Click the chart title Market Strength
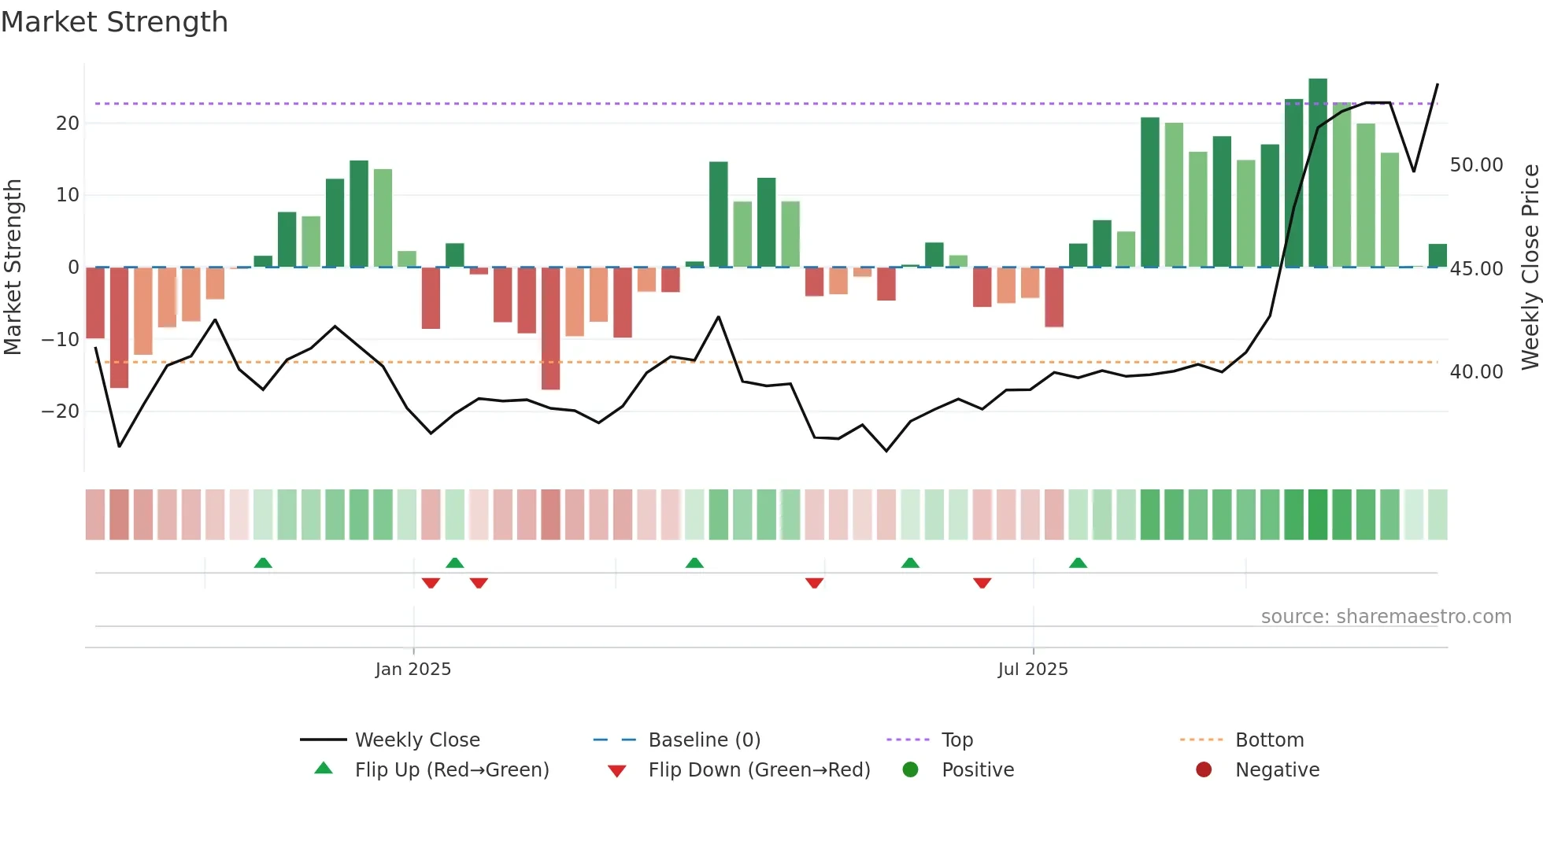point(114,22)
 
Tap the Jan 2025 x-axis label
point(413,670)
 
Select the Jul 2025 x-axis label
point(1032,670)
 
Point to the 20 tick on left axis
point(68,124)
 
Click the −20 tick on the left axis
point(61,411)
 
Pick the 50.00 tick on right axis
point(1476,165)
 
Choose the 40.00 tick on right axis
point(1476,372)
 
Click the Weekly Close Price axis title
point(1530,267)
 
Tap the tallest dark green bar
point(1317,173)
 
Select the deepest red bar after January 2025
point(550,328)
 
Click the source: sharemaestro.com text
point(1386,617)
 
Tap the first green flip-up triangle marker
point(263,563)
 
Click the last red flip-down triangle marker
point(982,583)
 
